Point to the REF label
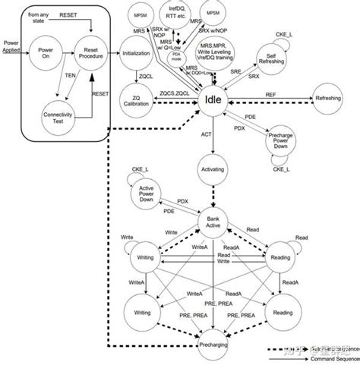(271, 94)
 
